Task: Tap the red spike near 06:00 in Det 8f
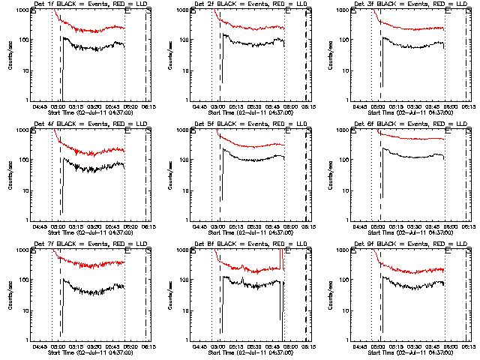point(283,259)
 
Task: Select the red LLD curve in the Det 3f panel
point(412,31)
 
